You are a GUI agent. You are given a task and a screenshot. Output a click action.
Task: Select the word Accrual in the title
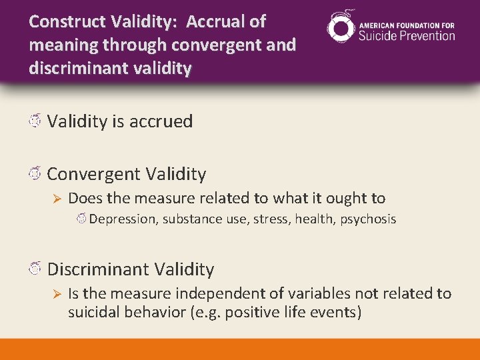coord(216,22)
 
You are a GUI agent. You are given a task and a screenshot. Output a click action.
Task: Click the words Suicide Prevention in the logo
coord(407,35)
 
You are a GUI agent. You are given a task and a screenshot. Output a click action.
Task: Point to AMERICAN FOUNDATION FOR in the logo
coord(407,25)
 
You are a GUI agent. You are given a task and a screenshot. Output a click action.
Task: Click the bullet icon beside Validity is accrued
coord(35,121)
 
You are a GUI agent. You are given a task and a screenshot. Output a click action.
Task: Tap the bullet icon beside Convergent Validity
coord(35,174)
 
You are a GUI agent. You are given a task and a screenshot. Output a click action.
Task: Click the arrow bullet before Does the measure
coord(57,199)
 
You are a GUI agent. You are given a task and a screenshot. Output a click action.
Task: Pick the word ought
coord(345,198)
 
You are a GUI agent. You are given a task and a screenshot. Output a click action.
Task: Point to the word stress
coord(270,219)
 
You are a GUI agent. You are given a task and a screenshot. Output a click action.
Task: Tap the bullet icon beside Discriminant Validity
coord(35,269)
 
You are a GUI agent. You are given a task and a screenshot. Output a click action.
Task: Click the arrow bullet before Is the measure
coord(57,294)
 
